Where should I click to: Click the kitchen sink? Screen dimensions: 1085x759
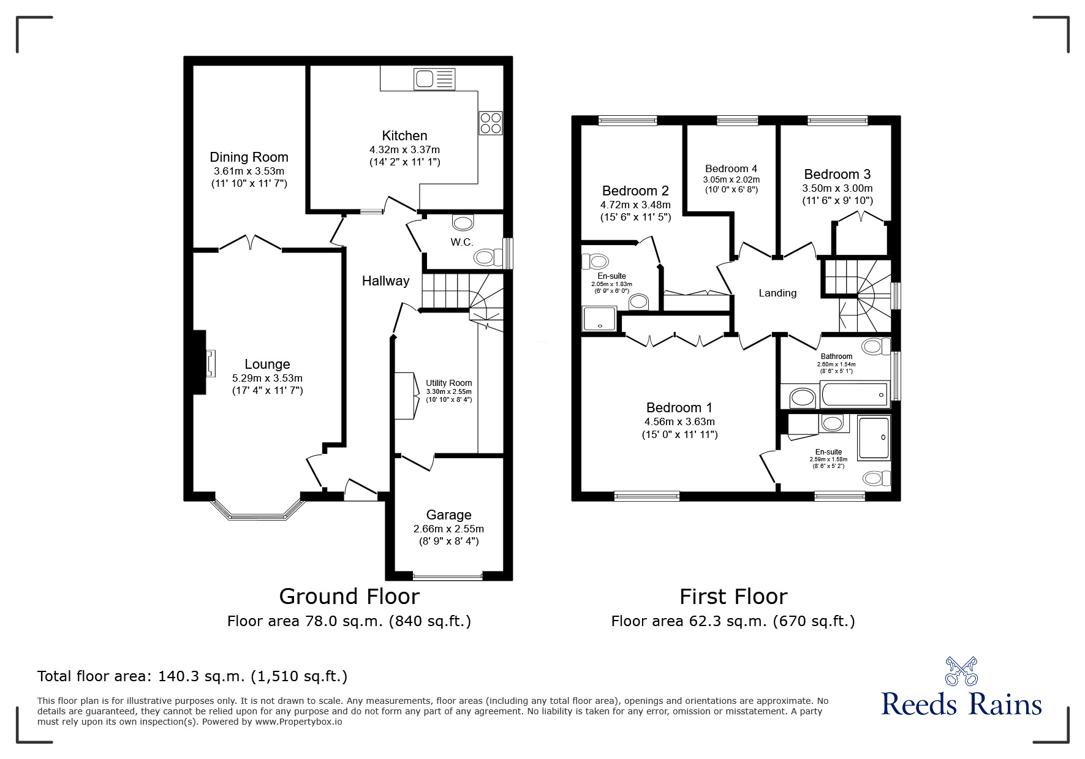tap(435, 78)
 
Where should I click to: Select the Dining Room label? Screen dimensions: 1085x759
tap(249, 157)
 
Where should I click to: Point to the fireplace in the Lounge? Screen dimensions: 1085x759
tap(205, 363)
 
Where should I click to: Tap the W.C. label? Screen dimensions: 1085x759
tap(462, 242)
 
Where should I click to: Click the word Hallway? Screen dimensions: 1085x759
tap(385, 281)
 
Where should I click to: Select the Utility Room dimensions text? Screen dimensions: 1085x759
tap(449, 396)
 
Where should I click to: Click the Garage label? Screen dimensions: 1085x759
tap(449, 515)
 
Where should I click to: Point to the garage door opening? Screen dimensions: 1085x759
tap(448, 576)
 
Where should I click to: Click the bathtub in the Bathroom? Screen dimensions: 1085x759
tap(855, 394)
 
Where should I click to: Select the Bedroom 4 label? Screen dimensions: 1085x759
tap(731, 168)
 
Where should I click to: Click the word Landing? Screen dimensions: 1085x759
tap(777, 293)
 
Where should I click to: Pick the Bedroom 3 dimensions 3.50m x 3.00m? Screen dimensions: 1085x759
tap(837, 189)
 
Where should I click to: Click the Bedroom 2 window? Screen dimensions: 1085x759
tap(627, 121)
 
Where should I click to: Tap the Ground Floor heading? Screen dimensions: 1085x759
tap(349, 596)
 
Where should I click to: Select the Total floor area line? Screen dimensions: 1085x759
tap(192, 676)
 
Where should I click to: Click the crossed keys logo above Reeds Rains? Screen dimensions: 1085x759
tap(961, 671)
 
